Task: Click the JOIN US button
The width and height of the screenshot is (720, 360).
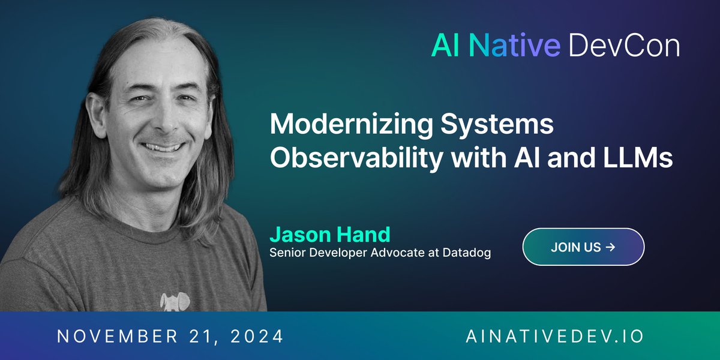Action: [583, 247]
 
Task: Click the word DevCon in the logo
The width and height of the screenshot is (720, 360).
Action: [624, 45]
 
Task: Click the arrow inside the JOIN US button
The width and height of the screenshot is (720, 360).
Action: [610, 247]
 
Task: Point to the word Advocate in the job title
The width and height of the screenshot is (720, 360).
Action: [406, 253]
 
